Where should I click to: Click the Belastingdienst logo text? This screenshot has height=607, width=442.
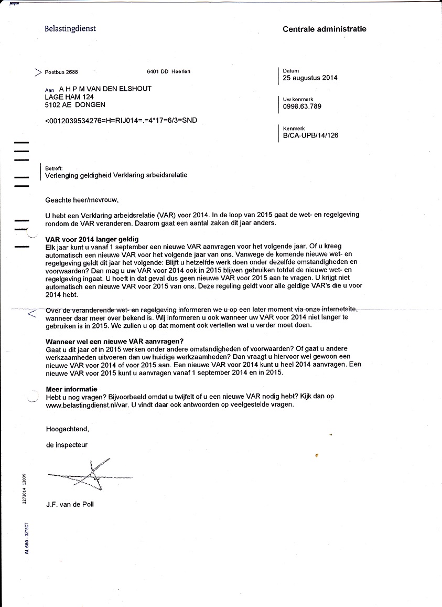(70, 29)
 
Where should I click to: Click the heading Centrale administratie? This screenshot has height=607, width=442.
(324, 29)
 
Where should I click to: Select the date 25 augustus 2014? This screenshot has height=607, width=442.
(310, 78)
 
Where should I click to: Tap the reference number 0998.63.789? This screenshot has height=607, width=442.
(302, 107)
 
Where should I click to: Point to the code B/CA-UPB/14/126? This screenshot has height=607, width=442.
(310, 135)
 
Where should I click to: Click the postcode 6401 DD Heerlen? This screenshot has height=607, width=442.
(168, 71)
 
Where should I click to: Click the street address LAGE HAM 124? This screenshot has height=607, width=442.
(69, 97)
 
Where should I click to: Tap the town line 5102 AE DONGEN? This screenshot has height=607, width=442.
(76, 105)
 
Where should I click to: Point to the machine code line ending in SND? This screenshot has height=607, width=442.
(122, 121)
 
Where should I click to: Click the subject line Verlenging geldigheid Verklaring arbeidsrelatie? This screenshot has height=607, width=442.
(116, 175)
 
